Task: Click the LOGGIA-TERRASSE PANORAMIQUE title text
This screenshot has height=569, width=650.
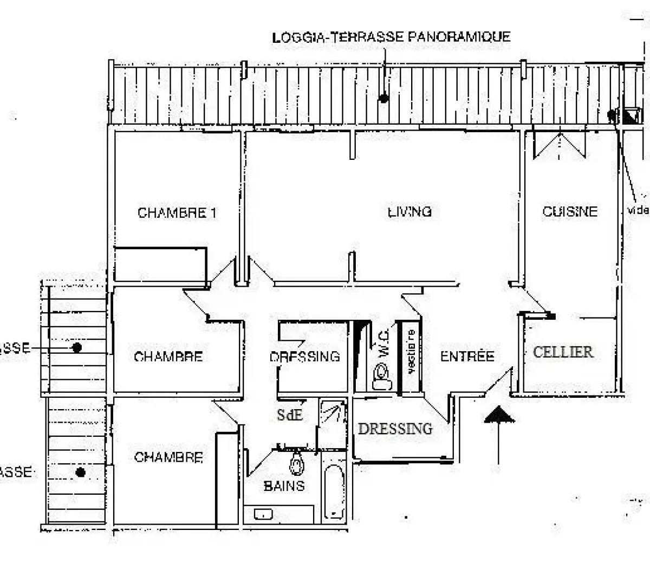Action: (x=391, y=37)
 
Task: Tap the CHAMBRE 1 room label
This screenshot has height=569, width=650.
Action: (x=177, y=213)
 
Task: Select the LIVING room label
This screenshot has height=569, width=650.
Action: (x=410, y=211)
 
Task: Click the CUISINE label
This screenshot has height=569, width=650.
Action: (x=570, y=211)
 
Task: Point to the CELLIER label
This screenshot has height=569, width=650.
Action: (x=563, y=352)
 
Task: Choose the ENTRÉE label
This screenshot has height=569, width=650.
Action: (x=467, y=357)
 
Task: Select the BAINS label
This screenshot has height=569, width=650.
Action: (x=284, y=486)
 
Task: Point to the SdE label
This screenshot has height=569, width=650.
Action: (x=289, y=416)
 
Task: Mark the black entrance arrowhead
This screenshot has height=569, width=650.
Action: (x=498, y=416)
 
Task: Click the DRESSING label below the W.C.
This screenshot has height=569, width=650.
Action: (x=395, y=429)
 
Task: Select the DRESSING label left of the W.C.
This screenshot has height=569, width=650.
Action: (x=304, y=357)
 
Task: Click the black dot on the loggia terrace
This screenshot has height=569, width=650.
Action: (x=383, y=99)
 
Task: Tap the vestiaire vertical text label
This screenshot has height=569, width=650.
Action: (x=411, y=352)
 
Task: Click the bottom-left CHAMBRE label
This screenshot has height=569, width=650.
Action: (x=168, y=458)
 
